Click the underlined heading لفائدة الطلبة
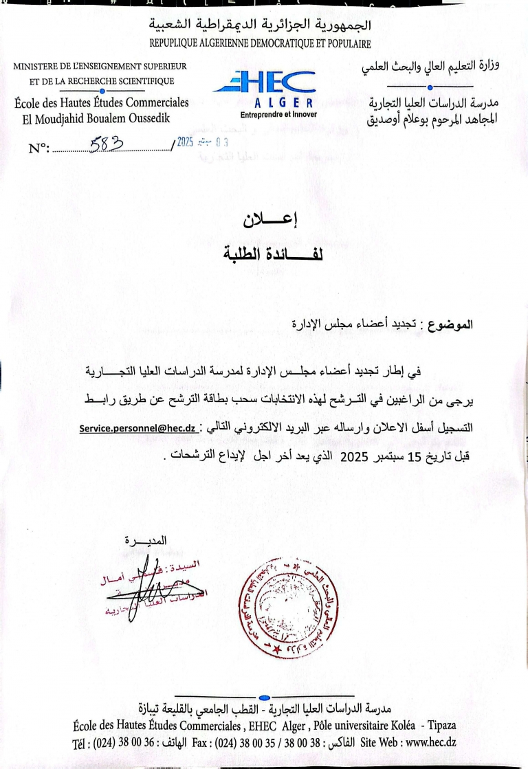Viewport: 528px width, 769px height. [263, 254]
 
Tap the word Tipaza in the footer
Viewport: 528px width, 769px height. [441, 726]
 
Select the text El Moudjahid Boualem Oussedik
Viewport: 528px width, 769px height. [98, 118]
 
